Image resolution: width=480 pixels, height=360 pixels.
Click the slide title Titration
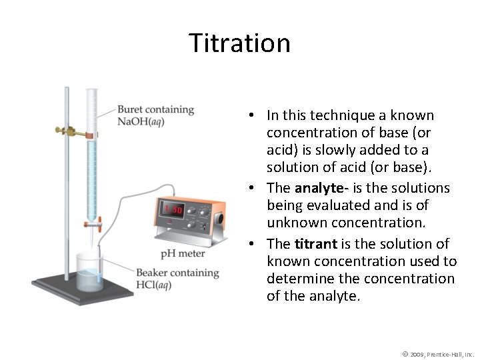240,43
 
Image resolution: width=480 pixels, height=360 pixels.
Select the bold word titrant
317,244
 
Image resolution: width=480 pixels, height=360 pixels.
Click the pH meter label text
183,253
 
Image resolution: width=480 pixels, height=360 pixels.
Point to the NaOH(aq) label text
141,121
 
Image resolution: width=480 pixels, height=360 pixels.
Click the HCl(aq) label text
154,285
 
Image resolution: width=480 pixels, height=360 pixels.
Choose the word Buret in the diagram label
129,110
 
